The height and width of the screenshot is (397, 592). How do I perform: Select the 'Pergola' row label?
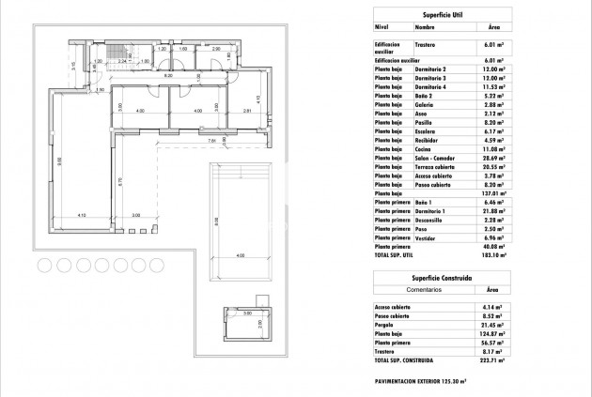point(385,325)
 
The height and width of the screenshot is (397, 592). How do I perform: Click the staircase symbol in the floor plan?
point(117,54)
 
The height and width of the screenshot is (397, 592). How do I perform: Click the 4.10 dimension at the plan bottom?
point(82,216)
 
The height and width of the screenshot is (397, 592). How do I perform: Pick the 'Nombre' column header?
point(426,28)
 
